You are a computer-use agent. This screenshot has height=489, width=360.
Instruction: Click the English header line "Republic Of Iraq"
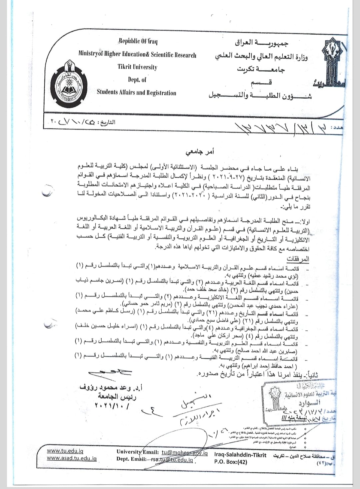point(138,42)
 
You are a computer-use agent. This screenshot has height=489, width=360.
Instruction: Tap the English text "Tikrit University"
point(137,67)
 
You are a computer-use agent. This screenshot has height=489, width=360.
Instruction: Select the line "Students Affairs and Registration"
point(136,93)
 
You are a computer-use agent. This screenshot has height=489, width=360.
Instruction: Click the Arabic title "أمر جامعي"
point(200,153)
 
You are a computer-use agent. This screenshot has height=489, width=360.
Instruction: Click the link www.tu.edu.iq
point(65,451)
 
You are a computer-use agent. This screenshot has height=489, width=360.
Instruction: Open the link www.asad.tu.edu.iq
point(72,458)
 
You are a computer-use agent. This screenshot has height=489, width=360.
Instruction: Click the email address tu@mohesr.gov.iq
point(185,453)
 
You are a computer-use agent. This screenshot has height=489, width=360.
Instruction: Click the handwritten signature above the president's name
point(112,373)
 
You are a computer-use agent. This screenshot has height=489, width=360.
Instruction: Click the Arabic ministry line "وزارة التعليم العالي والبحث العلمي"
point(261,57)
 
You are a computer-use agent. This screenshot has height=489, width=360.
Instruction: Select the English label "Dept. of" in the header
point(137,80)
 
